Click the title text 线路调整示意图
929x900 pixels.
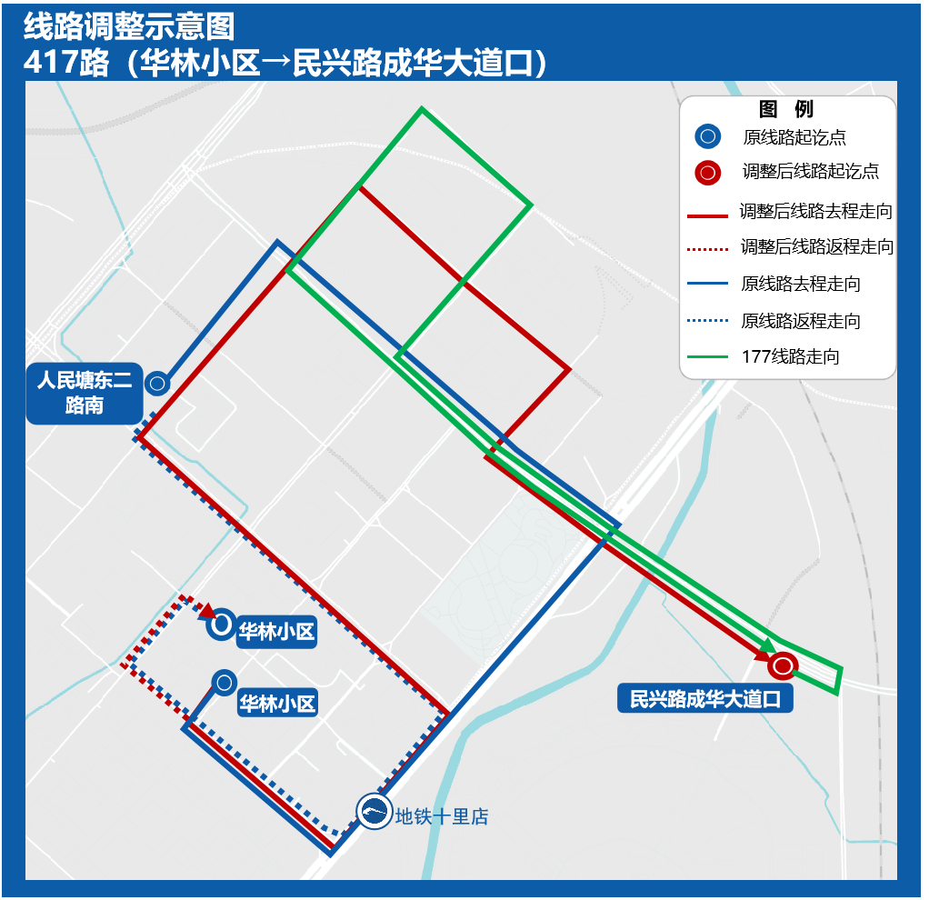[x=129, y=25]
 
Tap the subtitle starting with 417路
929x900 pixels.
[x=285, y=64]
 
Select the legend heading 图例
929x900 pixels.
[x=786, y=110]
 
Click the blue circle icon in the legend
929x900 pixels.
[x=707, y=137]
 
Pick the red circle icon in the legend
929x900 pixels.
[x=707, y=173]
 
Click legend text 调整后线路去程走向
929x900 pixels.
[x=815, y=211]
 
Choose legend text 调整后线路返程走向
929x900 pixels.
[x=816, y=247]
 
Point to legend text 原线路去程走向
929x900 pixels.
[x=801, y=285]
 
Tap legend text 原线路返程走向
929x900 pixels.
[x=801, y=321]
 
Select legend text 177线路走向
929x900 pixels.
[x=791, y=357]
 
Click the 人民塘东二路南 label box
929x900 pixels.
[x=85, y=393]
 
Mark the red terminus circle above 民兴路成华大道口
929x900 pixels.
[x=782, y=666]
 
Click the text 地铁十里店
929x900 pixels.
[x=442, y=817]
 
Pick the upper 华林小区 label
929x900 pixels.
[x=276, y=633]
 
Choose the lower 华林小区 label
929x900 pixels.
[x=276, y=703]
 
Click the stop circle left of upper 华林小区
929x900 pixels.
[x=221, y=625]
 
